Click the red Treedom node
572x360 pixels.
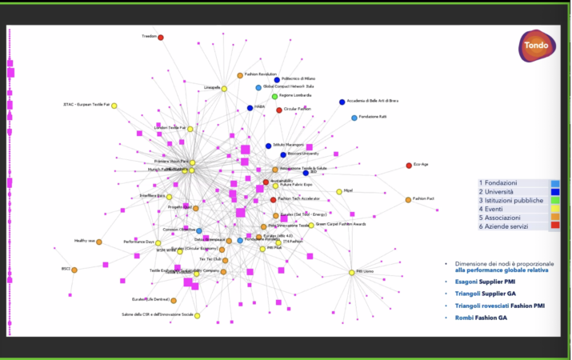coord(161,38)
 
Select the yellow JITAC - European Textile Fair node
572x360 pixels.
coord(114,106)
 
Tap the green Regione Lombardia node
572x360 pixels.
coord(274,96)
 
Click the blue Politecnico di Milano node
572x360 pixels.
coord(277,79)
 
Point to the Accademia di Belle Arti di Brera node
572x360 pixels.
coord(342,102)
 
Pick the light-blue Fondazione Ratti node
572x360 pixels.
coord(354,118)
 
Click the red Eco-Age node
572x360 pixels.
coord(409,166)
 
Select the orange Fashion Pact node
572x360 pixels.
coord(408,199)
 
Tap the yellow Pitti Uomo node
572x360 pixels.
coord(351,273)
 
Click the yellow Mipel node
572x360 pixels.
coord(339,191)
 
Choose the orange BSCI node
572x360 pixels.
coord(74,270)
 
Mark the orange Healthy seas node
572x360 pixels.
coord(99,242)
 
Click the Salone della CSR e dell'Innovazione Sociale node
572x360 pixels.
coord(197,315)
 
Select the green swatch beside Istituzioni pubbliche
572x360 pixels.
coord(554,201)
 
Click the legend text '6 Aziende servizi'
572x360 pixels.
coord(508,226)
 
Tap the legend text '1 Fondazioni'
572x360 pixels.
coord(498,183)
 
